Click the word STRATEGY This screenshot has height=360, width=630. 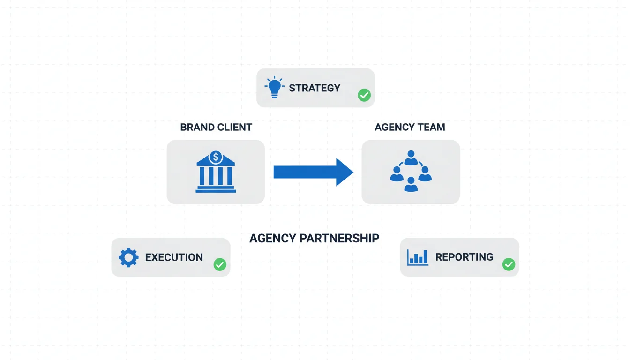coord(315,88)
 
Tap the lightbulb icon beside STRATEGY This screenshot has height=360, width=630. coord(274,88)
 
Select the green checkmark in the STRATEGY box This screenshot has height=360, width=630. coord(364,95)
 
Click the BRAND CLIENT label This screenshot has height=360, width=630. coord(216,127)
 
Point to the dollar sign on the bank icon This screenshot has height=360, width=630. coord(216,157)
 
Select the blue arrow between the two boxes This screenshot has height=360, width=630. coord(313,172)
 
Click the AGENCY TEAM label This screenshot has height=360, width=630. coord(410,127)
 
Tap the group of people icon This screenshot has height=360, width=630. coord(411,172)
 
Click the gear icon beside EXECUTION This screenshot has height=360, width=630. coord(128,257)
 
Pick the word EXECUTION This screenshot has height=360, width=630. coord(174,257)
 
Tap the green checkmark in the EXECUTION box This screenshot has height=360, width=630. coord(220,264)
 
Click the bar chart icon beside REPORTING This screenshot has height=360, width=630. coord(418,257)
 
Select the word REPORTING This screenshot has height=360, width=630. coord(464,257)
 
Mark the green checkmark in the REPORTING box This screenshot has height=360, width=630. coord(509,264)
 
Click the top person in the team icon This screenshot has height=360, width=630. coord(411,157)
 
